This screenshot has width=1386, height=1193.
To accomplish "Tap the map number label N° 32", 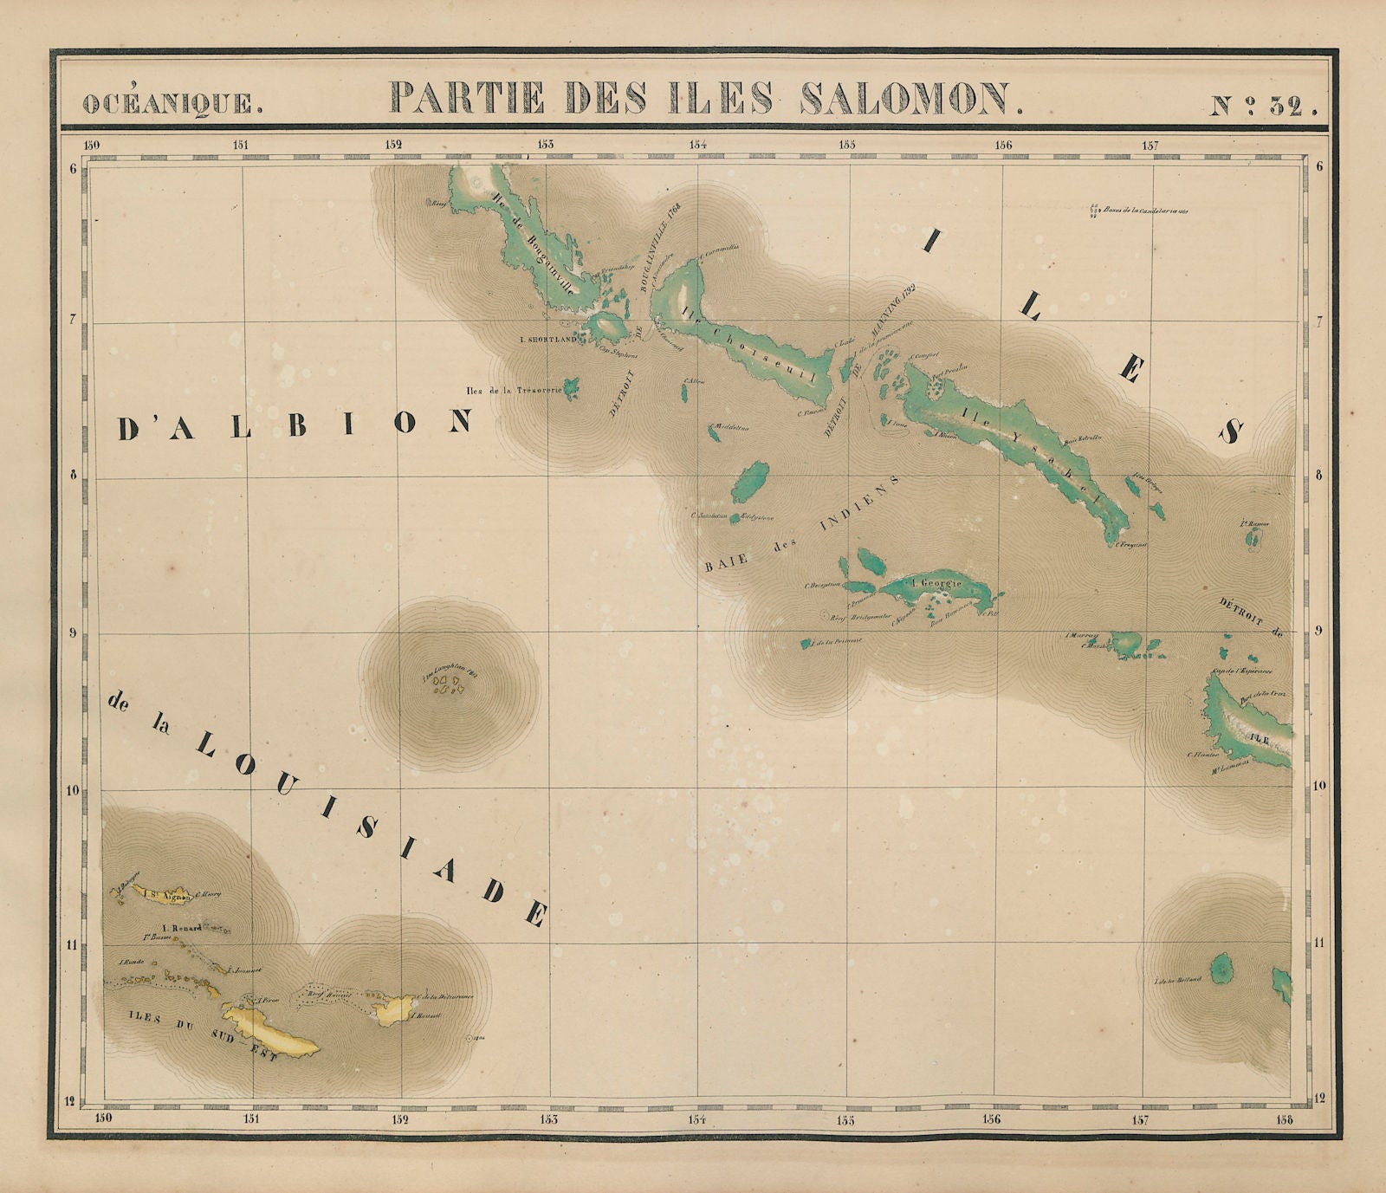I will point(1263,106).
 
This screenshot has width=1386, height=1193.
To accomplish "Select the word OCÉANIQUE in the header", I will point(172,103).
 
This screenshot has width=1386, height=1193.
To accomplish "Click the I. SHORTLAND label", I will point(553,340).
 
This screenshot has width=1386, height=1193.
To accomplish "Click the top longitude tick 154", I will point(697,145).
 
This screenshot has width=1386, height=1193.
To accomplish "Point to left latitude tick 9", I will point(74,632).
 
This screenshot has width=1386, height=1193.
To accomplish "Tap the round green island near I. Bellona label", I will point(1222,968).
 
